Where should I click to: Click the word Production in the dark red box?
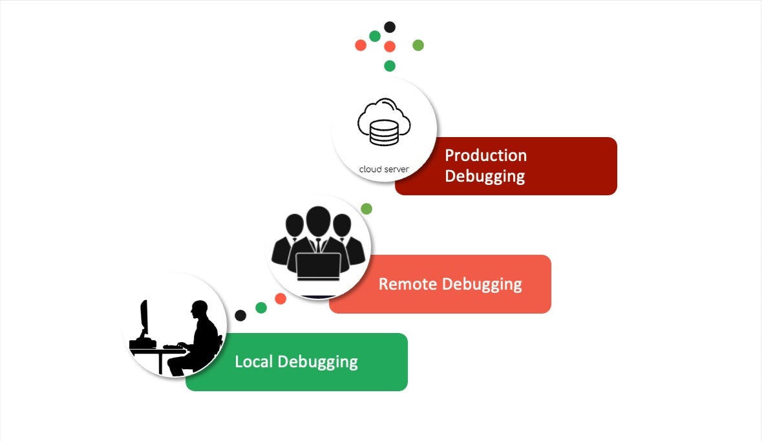[485, 156]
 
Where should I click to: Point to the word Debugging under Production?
[485, 177]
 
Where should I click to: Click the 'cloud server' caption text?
[384, 169]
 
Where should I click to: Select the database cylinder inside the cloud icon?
[384, 133]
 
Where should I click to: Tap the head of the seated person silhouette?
[198, 310]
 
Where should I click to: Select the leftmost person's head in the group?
[295, 226]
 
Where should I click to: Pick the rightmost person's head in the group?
[341, 226]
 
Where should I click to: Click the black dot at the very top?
[390, 27]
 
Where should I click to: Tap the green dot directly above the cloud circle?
[390, 66]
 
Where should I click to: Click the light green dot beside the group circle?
[366, 209]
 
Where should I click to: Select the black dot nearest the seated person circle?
[240, 316]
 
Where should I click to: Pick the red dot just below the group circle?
[280, 299]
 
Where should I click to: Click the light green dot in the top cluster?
[418, 45]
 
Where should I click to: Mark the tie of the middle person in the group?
[318, 245]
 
